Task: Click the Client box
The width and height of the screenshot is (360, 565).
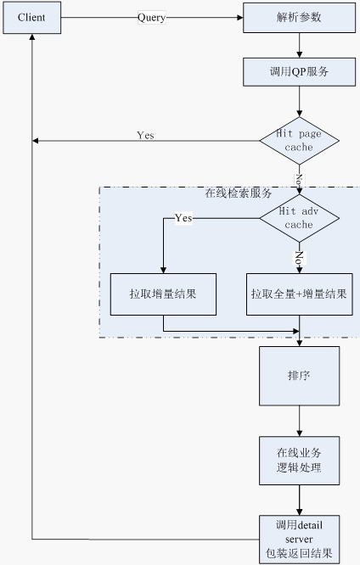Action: [31, 18]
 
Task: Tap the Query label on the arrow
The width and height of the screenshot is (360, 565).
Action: [151, 17]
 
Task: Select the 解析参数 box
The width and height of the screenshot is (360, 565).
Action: [299, 18]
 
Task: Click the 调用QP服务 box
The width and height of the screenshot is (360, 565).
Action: [299, 72]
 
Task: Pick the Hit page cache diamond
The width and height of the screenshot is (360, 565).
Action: [299, 141]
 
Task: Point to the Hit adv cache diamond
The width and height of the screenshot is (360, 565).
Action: [299, 218]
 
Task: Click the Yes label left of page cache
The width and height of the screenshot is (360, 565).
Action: [145, 135]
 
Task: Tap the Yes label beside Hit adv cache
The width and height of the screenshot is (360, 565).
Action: [183, 218]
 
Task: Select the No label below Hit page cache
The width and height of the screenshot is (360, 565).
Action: [299, 179]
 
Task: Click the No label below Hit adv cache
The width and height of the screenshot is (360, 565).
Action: [299, 258]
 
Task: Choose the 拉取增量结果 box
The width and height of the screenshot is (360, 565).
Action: [163, 294]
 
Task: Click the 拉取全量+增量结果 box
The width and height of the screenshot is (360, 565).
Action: [299, 294]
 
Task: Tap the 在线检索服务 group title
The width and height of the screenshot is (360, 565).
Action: [238, 193]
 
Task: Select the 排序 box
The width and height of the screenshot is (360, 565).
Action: [299, 376]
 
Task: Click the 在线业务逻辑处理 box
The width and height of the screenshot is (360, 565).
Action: [299, 461]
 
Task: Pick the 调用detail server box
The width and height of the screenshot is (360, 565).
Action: [299, 539]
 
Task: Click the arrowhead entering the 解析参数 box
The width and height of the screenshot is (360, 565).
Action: [240, 17]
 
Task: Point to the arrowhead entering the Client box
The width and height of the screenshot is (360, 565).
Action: [32, 37]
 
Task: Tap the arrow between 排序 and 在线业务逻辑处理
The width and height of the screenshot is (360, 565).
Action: [299, 421]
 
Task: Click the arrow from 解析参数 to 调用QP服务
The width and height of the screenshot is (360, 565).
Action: [299, 46]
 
